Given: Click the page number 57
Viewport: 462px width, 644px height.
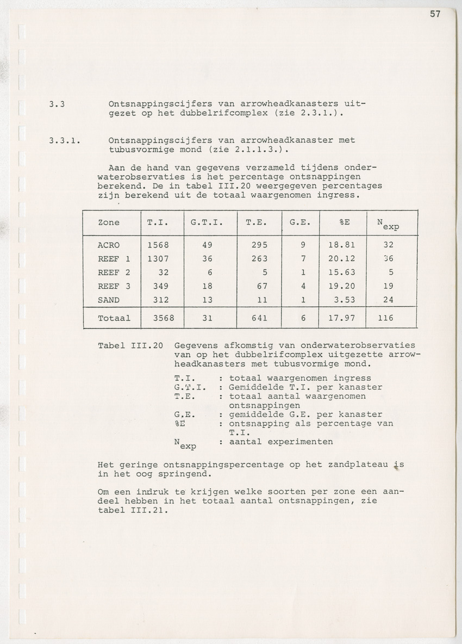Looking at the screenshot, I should point(435,15).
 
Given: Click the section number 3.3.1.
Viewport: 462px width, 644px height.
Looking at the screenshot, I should point(64,140).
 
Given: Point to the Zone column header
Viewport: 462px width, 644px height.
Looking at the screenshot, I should point(109,222).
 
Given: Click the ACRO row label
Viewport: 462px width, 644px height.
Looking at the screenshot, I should point(109,245).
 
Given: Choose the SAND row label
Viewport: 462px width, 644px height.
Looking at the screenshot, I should point(109,299).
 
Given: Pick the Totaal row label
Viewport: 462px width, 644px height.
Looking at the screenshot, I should point(114,318).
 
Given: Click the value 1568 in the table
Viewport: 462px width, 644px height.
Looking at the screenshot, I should point(158,245).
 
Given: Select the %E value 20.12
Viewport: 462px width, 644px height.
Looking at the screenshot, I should point(342,258).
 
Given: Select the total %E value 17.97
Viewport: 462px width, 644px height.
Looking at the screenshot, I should point(342,318).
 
